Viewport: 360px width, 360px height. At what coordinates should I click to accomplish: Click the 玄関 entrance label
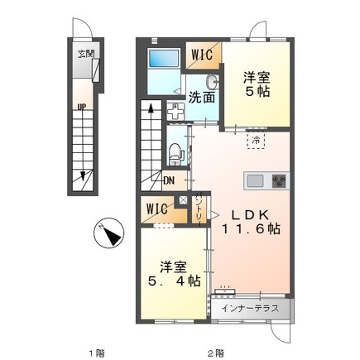pyautogui.click(x=85, y=55)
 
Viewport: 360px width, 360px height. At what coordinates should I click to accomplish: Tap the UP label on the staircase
pyautogui.click(x=82, y=106)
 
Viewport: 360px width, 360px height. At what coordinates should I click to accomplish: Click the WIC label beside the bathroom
pyautogui.click(x=204, y=54)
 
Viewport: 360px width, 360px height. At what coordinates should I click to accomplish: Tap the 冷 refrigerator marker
pyautogui.click(x=256, y=140)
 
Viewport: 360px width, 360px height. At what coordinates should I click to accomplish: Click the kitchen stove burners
pyautogui.click(x=276, y=180)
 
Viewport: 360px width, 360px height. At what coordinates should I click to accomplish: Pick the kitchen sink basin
pyautogui.click(x=255, y=180)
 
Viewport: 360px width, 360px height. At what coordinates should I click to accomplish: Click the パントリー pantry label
pyautogui.click(x=201, y=208)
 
